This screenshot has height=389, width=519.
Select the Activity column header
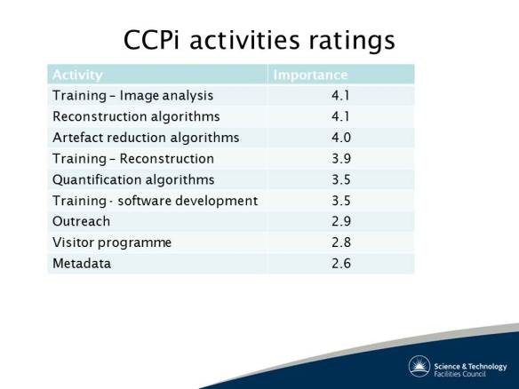77,75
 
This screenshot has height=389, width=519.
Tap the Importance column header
310,75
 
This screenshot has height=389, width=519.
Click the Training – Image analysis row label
133,95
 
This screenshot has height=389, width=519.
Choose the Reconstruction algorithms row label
136,116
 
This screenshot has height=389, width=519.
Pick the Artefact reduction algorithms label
146,138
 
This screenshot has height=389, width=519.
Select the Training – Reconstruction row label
133,159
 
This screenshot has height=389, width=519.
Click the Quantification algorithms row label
133,179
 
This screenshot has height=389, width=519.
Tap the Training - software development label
155,201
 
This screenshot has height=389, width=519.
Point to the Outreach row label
82,221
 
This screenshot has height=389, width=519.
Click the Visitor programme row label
112,242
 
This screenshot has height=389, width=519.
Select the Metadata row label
82,264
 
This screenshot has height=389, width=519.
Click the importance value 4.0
340,138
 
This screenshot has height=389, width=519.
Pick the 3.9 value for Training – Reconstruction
340,159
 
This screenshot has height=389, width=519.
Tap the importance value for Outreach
340,221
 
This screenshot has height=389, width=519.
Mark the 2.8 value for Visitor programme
340,242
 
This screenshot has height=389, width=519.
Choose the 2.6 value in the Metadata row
340,264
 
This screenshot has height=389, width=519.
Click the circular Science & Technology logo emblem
419,366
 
